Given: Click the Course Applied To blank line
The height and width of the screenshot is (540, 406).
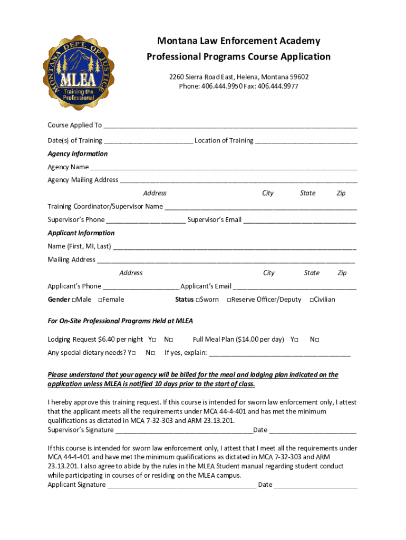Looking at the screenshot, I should point(230,126).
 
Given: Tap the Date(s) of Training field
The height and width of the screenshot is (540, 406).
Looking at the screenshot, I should point(148,141).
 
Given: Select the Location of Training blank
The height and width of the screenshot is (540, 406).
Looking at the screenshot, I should point(306,141).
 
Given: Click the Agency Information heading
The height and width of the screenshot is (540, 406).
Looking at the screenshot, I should point(78,154).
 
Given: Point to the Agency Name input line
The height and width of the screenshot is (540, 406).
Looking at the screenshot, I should point(223,168).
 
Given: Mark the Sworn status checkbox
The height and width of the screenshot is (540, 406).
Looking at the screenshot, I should point(197,300).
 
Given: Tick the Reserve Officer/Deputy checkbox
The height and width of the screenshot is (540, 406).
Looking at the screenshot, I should point(229,300).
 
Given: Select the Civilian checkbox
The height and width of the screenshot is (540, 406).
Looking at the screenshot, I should point(312,300).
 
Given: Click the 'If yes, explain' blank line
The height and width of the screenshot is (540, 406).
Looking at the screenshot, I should point(279,354).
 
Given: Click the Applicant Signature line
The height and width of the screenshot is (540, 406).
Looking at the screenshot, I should point(181,485).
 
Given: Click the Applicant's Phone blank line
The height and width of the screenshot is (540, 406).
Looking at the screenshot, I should point(141,287).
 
